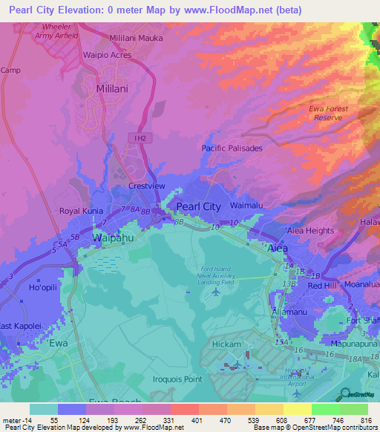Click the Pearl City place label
click(198, 206)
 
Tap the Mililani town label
click(114, 88)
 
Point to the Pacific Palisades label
click(232, 148)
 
